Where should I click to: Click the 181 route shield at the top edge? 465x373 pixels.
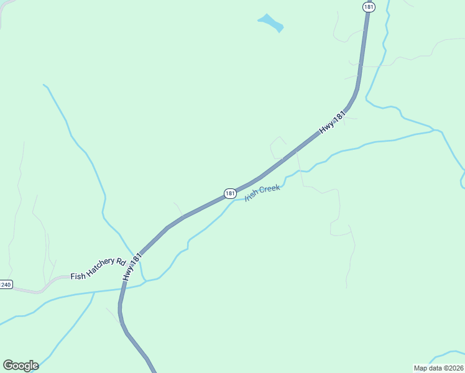click(369, 6)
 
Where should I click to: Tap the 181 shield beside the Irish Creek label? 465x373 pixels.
click(230, 193)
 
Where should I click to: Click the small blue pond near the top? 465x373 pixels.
click(270, 23)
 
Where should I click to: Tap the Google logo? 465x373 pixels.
click(21, 366)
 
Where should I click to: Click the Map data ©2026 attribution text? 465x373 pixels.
click(438, 367)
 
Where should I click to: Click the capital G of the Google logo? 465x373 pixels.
click(8, 366)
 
